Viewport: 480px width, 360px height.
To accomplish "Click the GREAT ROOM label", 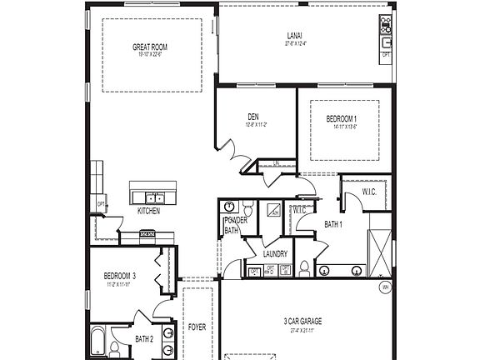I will [151, 47].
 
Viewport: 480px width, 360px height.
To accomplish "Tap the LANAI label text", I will [295, 36].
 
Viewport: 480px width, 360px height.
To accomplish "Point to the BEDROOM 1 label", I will [341, 119].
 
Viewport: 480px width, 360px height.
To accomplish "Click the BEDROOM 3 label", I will [120, 276].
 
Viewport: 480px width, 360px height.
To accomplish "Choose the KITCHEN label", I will [148, 212].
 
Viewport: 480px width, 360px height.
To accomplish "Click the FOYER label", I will [197, 327].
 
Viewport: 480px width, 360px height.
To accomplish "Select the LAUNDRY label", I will [275, 253].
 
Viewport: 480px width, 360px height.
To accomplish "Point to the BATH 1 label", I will [333, 224].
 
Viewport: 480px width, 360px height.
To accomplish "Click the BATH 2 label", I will [143, 339].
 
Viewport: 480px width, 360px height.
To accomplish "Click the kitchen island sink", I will [153, 197].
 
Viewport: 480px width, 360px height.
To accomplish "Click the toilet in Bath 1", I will [305, 267].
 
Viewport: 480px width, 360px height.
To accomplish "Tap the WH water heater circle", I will [385, 287].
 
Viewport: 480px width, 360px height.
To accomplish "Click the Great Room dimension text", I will [151, 56].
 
